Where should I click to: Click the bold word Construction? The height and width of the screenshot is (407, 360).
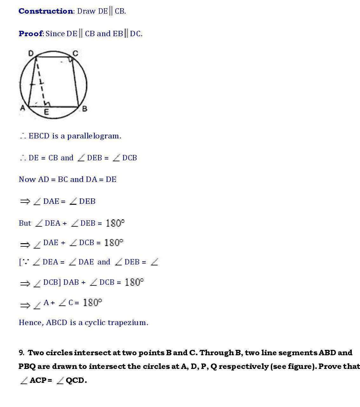[46, 11]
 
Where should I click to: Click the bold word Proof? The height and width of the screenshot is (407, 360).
[30, 34]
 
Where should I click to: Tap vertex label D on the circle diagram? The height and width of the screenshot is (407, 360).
[31, 53]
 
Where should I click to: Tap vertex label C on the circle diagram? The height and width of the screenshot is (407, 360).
[75, 53]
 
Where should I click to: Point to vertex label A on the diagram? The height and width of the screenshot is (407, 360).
[23, 108]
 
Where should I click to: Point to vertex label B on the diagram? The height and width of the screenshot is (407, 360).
[84, 109]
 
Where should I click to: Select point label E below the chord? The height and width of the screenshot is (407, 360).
[46, 112]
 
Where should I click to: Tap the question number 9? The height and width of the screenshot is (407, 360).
[21, 353]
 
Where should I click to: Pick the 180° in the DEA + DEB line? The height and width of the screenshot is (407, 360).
[115, 223]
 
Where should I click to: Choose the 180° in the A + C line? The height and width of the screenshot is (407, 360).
[92, 302]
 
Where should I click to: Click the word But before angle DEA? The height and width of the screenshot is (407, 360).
[25, 223]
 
